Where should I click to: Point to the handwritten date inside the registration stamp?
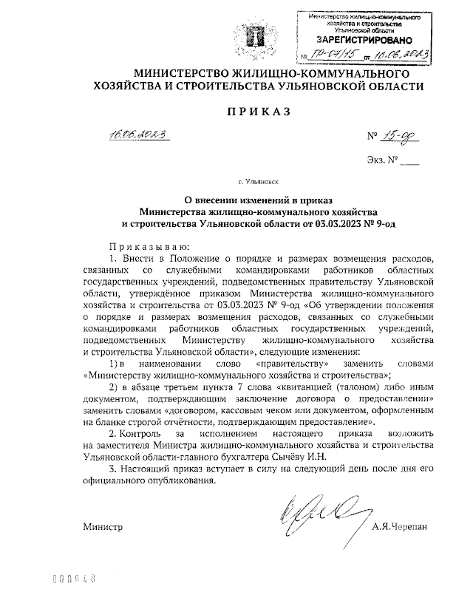point(402,55)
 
